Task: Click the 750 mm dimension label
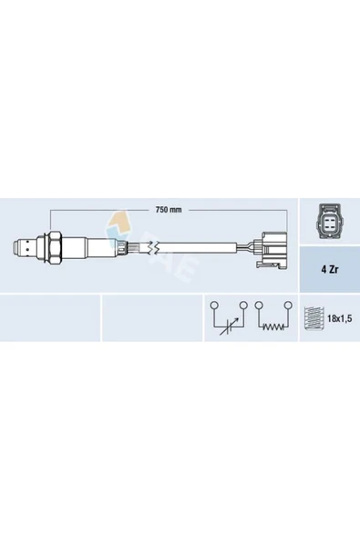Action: (169, 211)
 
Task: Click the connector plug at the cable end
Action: (271, 246)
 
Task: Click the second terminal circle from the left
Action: (243, 305)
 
